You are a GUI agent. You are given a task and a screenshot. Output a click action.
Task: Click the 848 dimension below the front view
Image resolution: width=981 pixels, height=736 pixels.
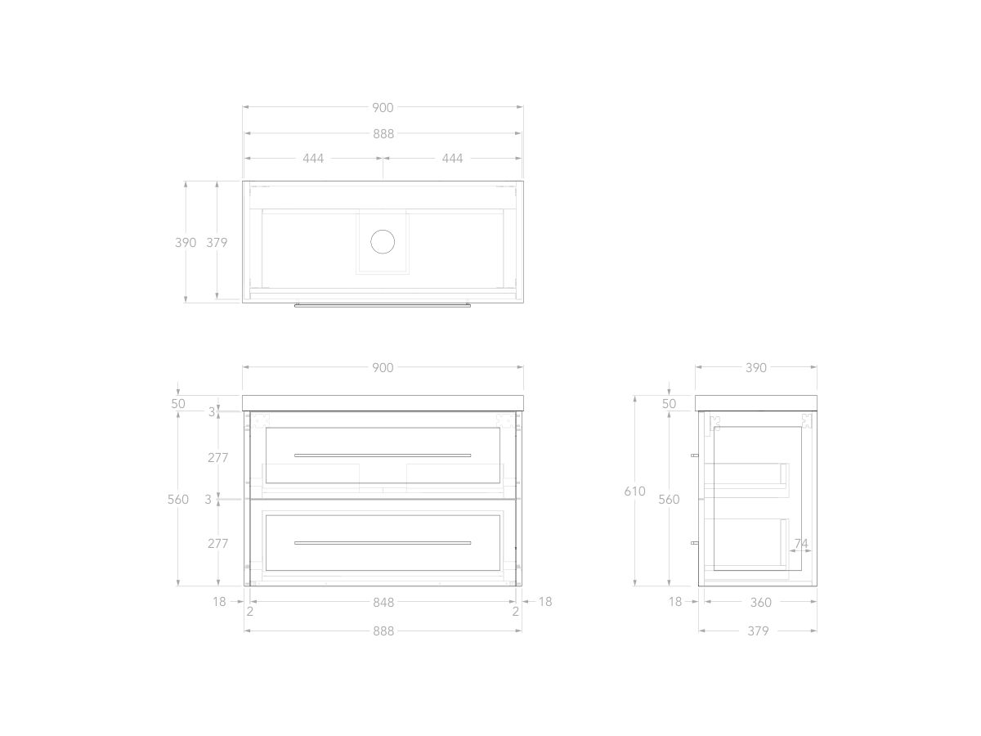coord(383,603)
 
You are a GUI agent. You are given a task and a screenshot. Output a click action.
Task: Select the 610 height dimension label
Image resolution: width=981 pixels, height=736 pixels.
coord(634,491)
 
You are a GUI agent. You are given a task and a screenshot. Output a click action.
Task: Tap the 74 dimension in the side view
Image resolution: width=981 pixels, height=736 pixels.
coord(800,544)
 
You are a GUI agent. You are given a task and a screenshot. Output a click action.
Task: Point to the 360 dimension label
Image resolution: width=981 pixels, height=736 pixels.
coord(760,603)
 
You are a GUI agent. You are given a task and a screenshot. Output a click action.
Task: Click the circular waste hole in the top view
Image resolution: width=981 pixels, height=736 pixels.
coord(383,241)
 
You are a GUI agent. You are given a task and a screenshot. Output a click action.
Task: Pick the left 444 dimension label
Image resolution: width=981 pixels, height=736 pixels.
coord(313,159)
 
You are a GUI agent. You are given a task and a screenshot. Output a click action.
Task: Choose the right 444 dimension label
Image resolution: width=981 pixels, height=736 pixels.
coord(452,159)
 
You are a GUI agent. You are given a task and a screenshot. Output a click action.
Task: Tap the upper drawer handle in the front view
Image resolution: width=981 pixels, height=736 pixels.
coord(383,455)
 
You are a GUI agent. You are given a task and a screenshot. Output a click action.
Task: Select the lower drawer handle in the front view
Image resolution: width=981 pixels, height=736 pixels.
coord(383,543)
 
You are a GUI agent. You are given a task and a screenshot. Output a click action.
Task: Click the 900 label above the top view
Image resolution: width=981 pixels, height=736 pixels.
coord(383,108)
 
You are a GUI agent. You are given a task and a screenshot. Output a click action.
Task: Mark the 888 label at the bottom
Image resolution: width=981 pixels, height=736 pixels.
coord(383,631)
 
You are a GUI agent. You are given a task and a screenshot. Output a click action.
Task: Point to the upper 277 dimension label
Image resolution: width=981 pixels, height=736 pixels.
coord(217,458)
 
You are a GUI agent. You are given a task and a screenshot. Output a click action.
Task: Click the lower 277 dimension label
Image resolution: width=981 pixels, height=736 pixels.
coord(217,543)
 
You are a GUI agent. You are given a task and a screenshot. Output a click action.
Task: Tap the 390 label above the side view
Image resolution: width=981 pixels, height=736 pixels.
coord(756,368)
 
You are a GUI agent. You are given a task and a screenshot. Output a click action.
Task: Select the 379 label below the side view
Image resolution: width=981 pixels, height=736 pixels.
coord(758,631)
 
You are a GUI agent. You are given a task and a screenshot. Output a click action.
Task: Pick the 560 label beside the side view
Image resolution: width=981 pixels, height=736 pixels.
coord(669,500)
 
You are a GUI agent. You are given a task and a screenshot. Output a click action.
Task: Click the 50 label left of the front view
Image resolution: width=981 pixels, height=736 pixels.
coord(178,404)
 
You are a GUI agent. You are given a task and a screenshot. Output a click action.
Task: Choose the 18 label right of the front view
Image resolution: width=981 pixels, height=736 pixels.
coord(545,602)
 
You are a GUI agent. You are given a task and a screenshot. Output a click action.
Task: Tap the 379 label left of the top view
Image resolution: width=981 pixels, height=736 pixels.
coord(217,243)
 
